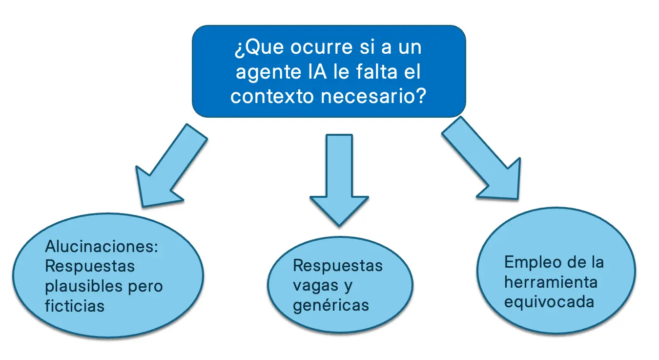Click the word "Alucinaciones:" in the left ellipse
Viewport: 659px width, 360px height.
(x=102, y=246)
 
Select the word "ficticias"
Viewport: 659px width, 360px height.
(x=75, y=305)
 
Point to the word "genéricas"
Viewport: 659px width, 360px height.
(x=331, y=305)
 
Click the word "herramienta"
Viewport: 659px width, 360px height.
(x=550, y=282)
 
